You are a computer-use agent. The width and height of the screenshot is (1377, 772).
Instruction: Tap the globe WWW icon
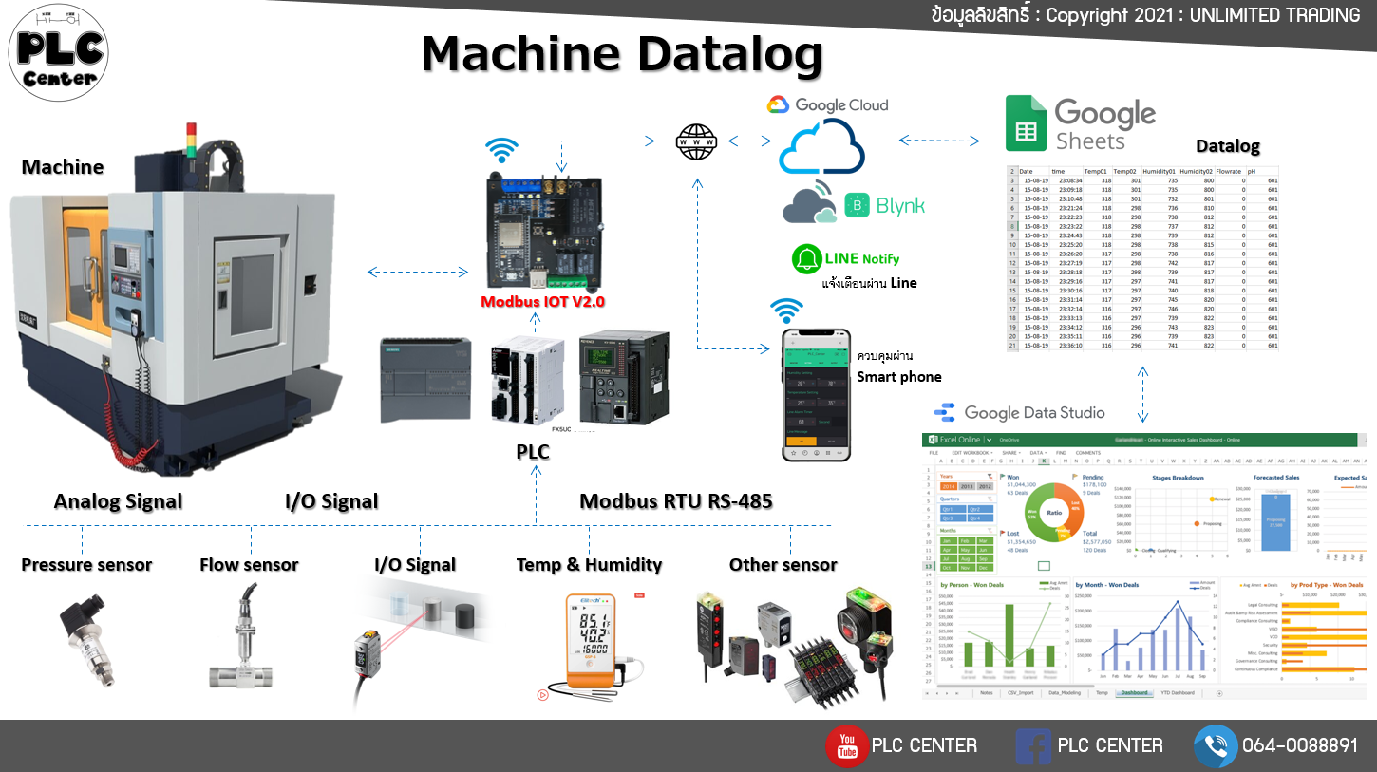[696, 141]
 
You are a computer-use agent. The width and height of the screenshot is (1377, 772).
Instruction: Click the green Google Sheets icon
[1026, 124]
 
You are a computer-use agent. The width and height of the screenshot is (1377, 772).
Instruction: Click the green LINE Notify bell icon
[808, 258]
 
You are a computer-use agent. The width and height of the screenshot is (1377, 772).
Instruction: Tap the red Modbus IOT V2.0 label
[542, 302]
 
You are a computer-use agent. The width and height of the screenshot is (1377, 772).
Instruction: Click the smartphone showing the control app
[816, 395]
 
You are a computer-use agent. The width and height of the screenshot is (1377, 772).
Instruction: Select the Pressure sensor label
[86, 565]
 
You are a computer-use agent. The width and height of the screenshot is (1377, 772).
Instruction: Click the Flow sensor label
[249, 565]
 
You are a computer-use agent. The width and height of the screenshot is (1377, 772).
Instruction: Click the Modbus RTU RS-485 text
[675, 501]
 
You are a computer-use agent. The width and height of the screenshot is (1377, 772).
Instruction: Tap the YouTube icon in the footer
[846, 745]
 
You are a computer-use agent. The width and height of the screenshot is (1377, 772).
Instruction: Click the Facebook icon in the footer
[1033, 746]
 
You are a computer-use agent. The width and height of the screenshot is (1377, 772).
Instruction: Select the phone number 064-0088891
[1300, 746]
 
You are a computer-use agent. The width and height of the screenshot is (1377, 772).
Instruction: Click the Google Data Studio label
[1034, 412]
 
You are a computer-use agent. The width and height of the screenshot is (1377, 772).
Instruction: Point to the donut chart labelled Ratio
[1053, 512]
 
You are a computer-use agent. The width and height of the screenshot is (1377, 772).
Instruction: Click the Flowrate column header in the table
[1229, 172]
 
